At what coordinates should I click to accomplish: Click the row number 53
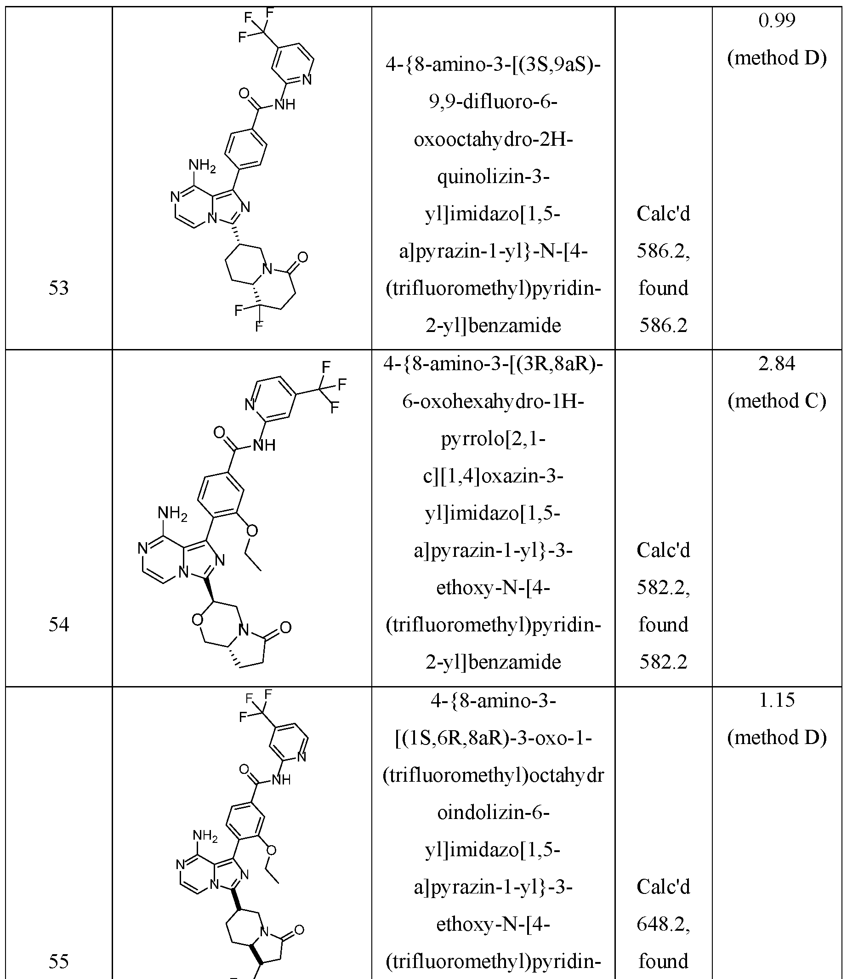click(x=59, y=287)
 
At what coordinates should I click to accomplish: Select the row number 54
click(x=59, y=624)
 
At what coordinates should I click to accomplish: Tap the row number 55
click(x=59, y=961)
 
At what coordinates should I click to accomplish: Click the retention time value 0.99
click(x=777, y=20)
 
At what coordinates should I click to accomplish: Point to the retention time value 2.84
click(x=777, y=363)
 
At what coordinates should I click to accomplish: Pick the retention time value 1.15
click(x=777, y=700)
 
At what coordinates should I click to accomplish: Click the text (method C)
click(x=777, y=401)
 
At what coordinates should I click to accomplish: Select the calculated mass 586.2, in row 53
click(x=663, y=251)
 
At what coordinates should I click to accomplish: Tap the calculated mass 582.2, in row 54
click(x=663, y=588)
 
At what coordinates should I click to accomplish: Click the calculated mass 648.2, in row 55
click(x=663, y=924)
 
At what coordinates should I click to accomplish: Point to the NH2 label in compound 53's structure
click(x=202, y=166)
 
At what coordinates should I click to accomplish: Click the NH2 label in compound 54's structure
click(x=172, y=513)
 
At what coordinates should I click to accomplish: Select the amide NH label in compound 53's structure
click(x=284, y=104)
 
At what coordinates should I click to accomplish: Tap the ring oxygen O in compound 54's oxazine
click(x=198, y=619)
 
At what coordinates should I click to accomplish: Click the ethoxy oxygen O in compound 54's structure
click(x=252, y=531)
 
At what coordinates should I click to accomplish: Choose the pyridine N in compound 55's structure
click(x=302, y=757)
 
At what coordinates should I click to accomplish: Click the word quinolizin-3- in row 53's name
click(x=493, y=177)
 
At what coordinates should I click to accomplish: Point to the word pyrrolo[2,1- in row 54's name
click(x=493, y=439)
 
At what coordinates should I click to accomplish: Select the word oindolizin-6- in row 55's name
click(x=493, y=813)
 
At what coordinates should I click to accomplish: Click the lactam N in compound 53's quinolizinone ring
click(x=267, y=269)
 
